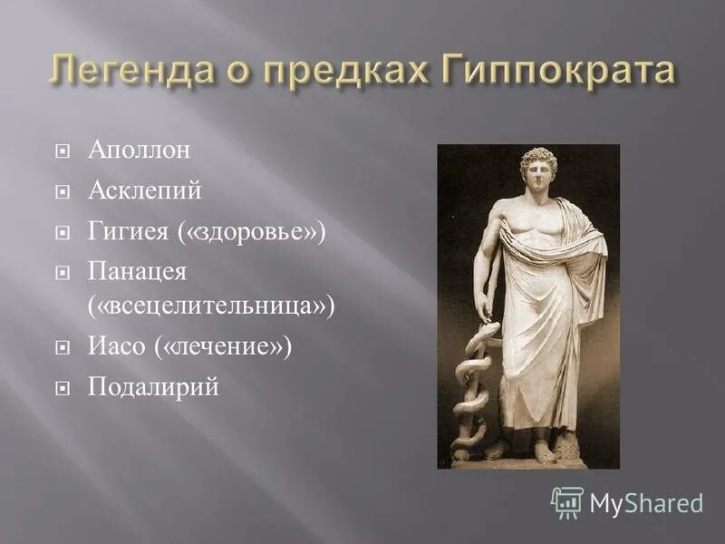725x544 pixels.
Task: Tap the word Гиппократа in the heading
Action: point(556,71)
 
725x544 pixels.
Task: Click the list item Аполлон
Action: point(139,150)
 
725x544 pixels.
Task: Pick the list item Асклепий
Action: point(144,191)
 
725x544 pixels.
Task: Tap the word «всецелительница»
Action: point(211,306)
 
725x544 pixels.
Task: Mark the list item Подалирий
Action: point(153,387)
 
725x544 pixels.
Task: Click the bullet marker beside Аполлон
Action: point(63,151)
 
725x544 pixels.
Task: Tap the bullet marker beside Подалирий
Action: point(63,389)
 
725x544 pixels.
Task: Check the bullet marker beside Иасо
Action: point(63,348)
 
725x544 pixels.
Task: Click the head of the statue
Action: point(539,169)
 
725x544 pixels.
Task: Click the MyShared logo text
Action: point(646,503)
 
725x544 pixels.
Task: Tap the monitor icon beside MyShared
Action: point(567,502)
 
